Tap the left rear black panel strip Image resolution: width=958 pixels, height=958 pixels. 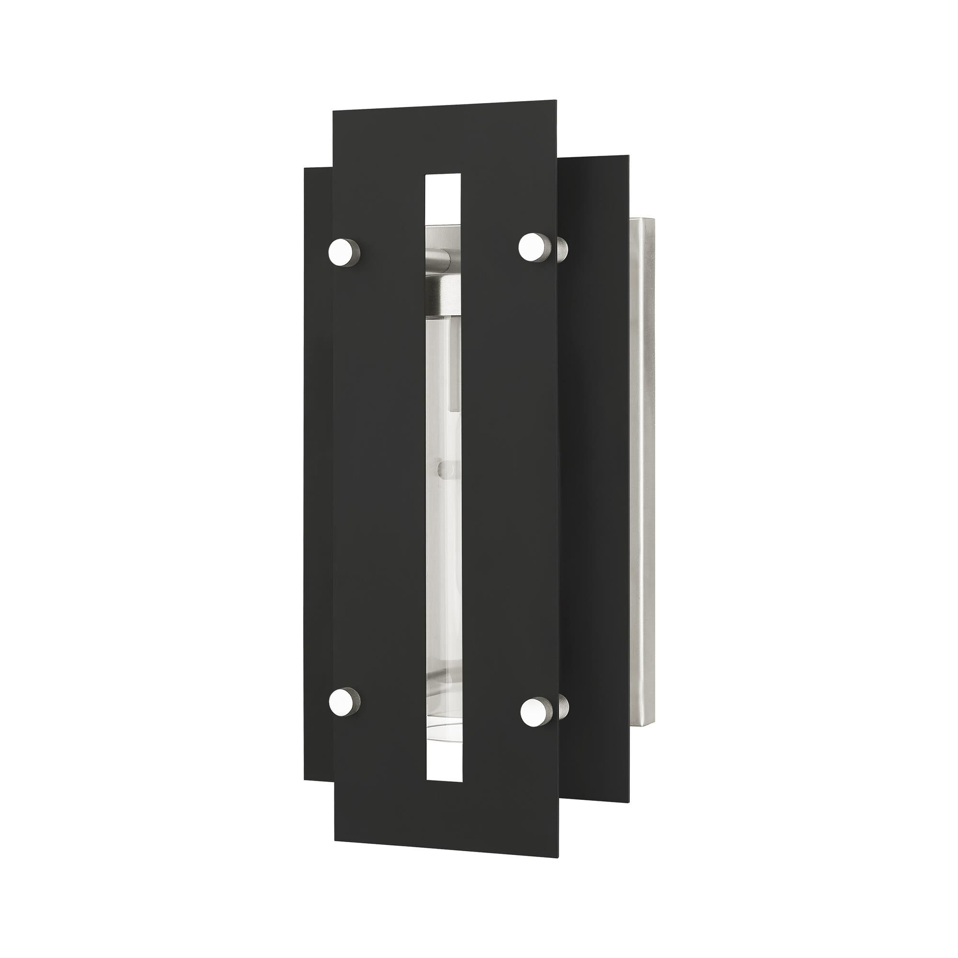(x=318, y=446)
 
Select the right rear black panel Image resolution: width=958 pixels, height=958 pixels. (x=595, y=446)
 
